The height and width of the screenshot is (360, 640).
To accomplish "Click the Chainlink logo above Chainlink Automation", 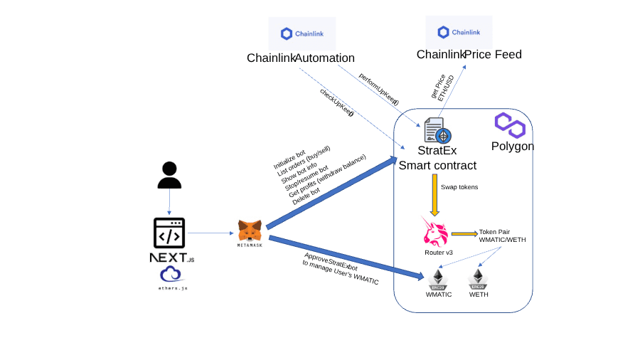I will coord(302,33).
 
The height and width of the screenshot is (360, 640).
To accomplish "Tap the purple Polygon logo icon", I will coord(510,125).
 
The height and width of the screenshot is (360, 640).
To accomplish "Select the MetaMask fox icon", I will coord(250,230).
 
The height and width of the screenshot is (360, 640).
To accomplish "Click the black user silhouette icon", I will coord(169,175).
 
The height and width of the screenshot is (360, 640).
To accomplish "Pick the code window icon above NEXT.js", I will coord(169,233).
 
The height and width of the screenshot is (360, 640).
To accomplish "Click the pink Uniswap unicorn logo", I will coord(436,233).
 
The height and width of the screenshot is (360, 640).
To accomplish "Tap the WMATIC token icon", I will coord(439,278).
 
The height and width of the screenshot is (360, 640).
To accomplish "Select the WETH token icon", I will coord(478,278).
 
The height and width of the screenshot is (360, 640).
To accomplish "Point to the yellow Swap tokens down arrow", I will coord(434,194).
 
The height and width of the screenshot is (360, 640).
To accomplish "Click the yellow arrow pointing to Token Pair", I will coord(464,233).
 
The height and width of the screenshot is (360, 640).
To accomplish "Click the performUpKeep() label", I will coord(379,90).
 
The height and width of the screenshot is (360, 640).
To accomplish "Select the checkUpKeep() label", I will coord(337,102).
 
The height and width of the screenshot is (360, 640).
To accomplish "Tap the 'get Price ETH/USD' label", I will coord(442,86).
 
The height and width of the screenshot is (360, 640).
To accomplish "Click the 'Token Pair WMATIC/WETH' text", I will coord(502,235).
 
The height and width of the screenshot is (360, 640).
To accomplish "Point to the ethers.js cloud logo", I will coord(171,274).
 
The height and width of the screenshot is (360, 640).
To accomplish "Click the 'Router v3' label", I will coord(439,253).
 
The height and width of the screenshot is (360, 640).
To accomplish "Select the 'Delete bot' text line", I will coord(306,196).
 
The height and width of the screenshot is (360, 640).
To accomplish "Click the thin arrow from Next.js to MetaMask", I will coord(212,233).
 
